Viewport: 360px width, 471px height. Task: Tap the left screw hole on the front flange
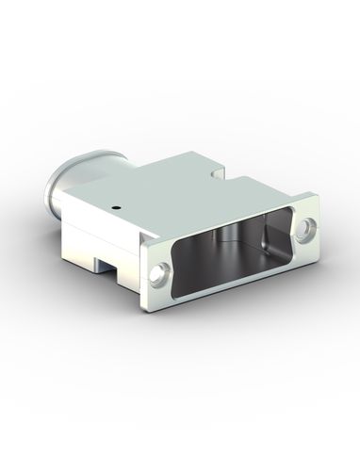(157, 274)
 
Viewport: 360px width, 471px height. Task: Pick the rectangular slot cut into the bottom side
(113, 275)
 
